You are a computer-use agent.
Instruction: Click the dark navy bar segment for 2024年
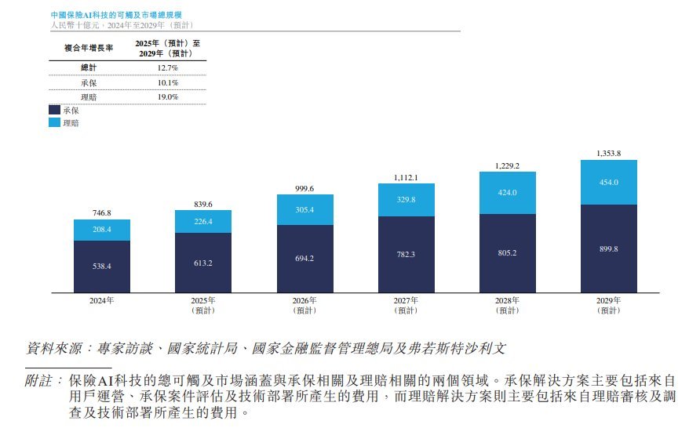pyautogui.click(x=102, y=267)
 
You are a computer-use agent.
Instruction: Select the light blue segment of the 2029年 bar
pyautogui.click(x=609, y=183)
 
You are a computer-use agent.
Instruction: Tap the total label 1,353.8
pyautogui.click(x=609, y=154)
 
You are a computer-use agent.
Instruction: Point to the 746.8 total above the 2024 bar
pyautogui.click(x=102, y=213)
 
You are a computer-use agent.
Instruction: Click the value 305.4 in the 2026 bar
pyautogui.click(x=304, y=209)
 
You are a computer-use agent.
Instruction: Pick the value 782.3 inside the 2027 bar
pyautogui.click(x=406, y=254)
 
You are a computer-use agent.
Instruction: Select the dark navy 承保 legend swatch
pyautogui.click(x=54, y=110)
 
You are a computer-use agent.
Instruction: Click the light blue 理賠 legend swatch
pyautogui.click(x=54, y=122)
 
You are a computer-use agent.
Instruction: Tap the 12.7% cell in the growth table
pyautogui.click(x=168, y=67)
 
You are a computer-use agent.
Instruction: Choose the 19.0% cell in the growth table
pyautogui.click(x=168, y=96)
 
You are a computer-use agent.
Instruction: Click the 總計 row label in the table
pyautogui.click(x=89, y=67)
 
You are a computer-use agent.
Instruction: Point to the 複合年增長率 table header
pyautogui.click(x=89, y=48)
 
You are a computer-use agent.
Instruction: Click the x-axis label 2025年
pyautogui.click(x=203, y=300)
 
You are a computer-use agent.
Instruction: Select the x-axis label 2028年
pyautogui.click(x=507, y=300)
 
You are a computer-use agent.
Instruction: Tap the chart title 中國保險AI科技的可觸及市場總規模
pyautogui.click(x=116, y=15)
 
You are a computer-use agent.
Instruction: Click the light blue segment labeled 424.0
pyautogui.click(x=508, y=193)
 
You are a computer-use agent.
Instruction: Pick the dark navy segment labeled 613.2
pyautogui.click(x=203, y=263)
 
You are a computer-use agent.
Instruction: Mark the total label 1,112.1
pyautogui.click(x=406, y=177)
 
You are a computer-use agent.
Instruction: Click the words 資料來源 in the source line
pyautogui.click(x=54, y=348)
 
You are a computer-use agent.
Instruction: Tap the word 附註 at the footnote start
pyautogui.click(x=38, y=380)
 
